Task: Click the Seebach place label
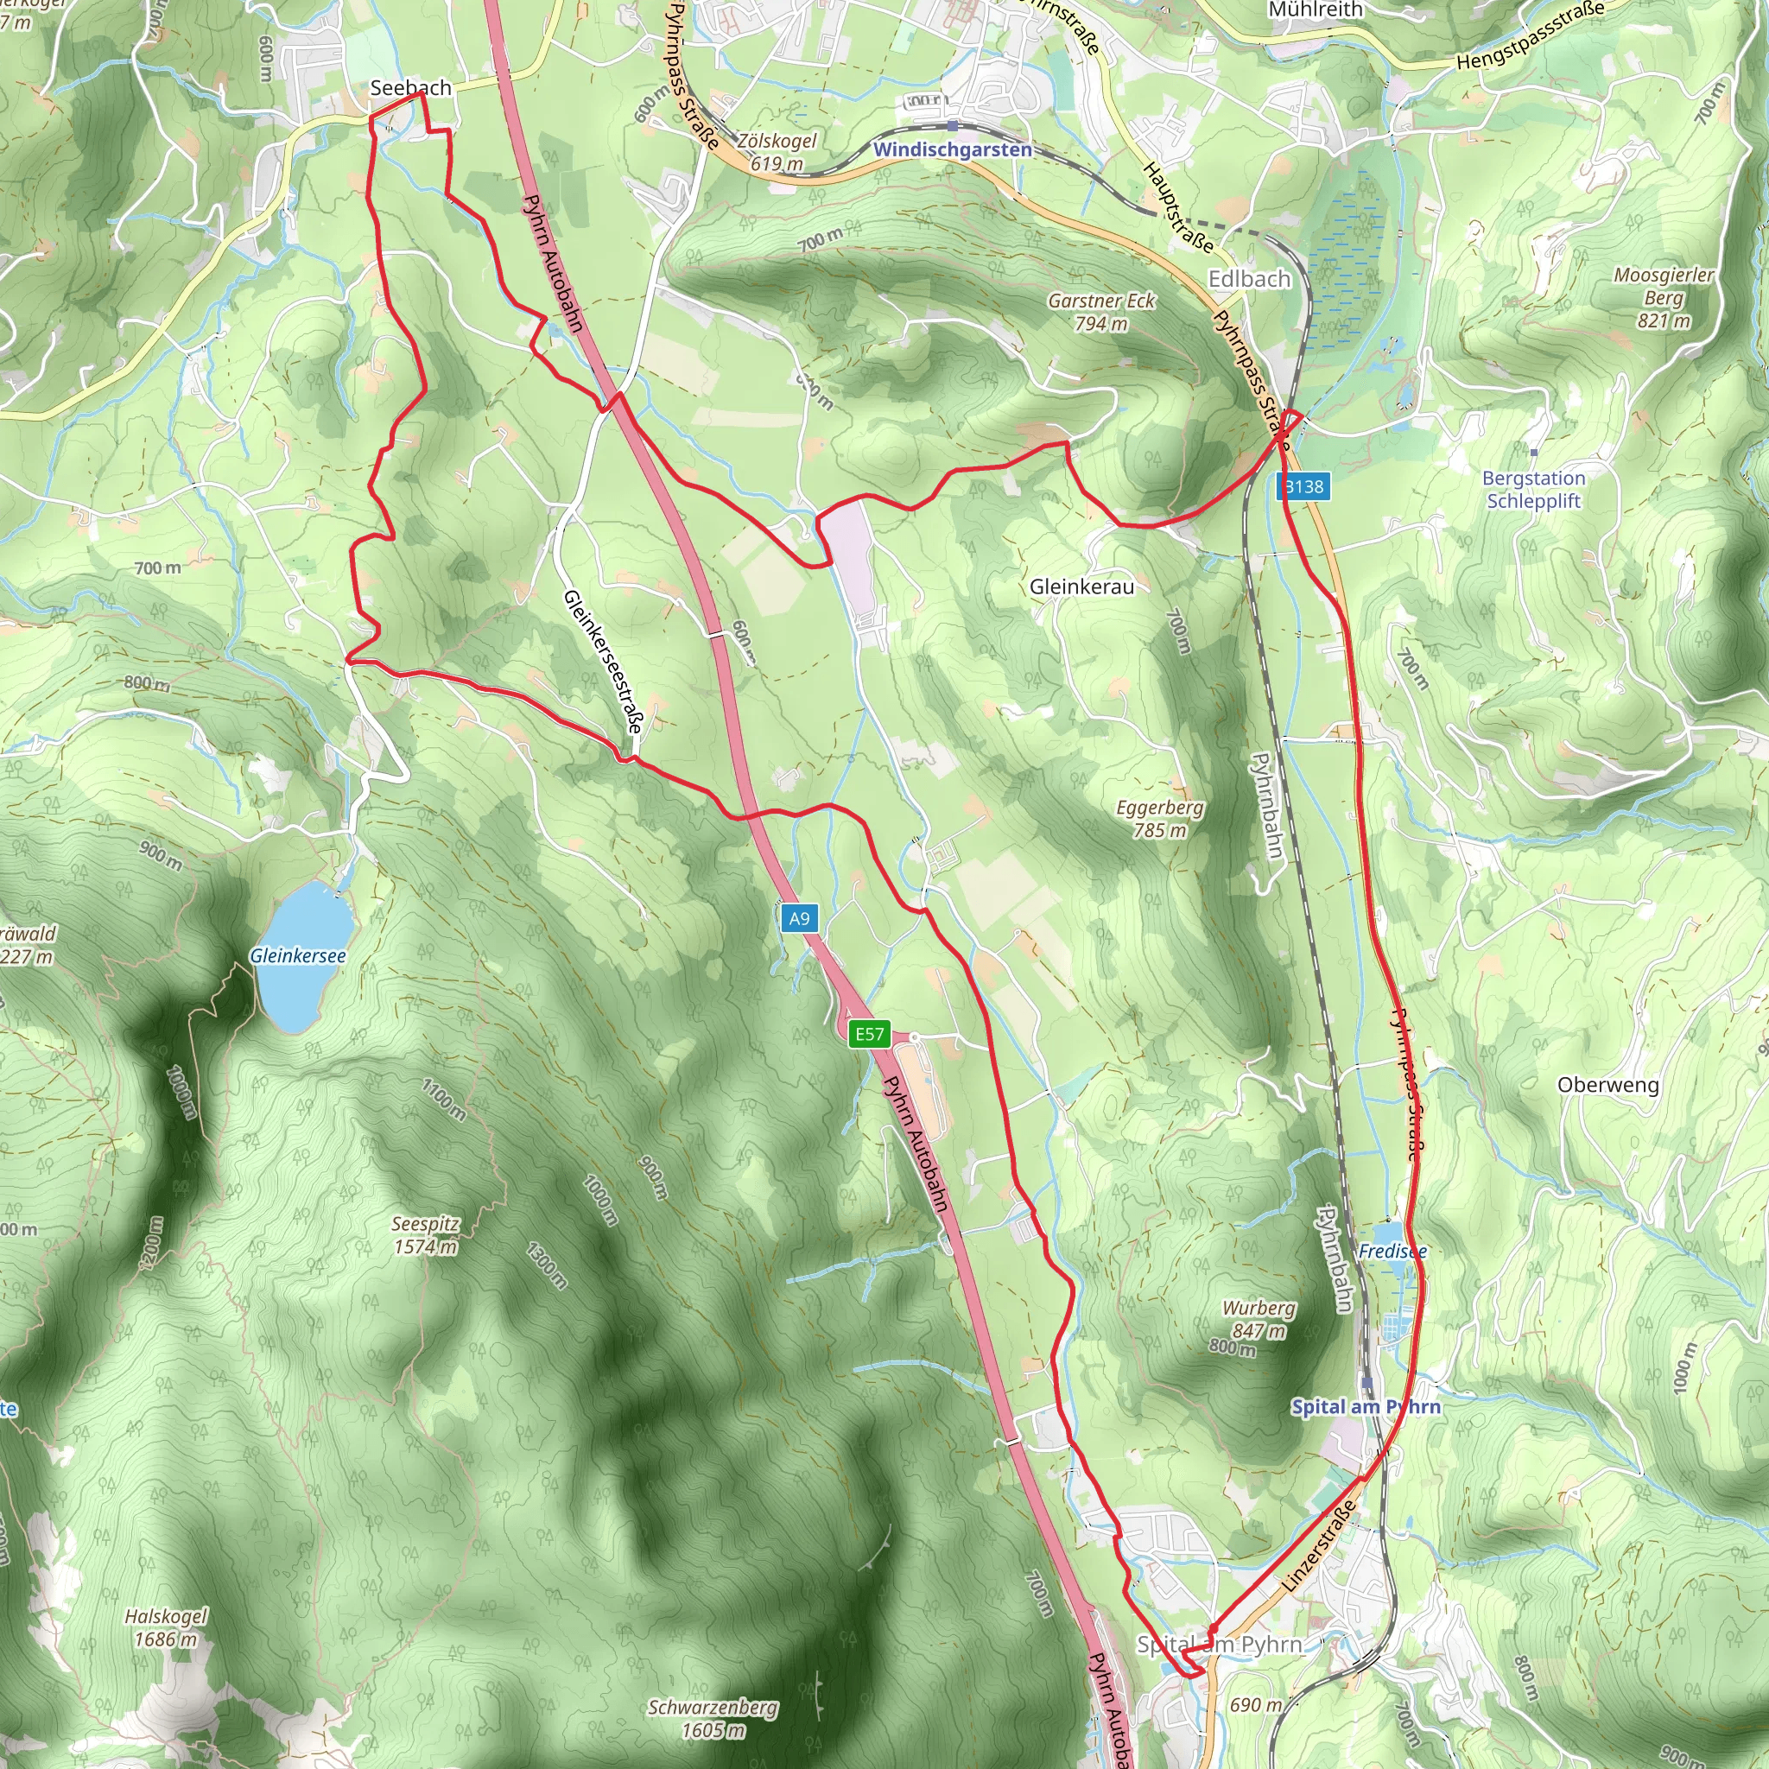click(x=410, y=88)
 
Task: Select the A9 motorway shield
click(x=798, y=918)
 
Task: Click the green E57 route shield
click(x=869, y=1034)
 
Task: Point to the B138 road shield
click(x=1303, y=486)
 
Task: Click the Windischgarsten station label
click(x=952, y=149)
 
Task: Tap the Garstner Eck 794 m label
click(x=1101, y=311)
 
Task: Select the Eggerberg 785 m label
click(x=1159, y=819)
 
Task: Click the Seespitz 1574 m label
click(x=425, y=1234)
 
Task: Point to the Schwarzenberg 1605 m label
click(x=713, y=1719)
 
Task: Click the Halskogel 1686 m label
click(x=166, y=1627)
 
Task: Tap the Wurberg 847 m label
click(x=1259, y=1318)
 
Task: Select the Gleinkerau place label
click(x=1081, y=586)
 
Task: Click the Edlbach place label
click(x=1249, y=279)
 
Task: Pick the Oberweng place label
click(x=1607, y=1084)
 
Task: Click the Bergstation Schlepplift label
click(x=1534, y=489)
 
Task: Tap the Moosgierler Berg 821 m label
click(x=1664, y=298)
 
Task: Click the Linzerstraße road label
click(x=1320, y=1546)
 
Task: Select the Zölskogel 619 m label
click(x=777, y=152)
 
